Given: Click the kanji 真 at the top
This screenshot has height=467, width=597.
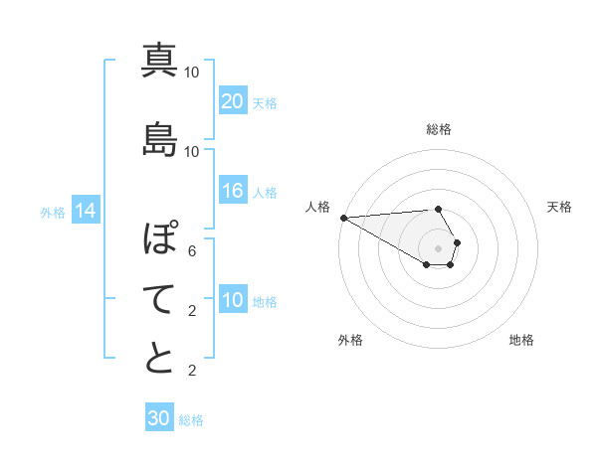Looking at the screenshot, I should pos(159,61).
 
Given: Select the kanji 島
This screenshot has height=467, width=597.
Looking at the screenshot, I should pos(159,140).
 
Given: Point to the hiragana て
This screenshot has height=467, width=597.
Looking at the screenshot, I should pos(160,299).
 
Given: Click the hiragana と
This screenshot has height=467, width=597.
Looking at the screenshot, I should pos(160,359).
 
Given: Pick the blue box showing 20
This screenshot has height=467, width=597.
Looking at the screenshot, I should pos(232,100).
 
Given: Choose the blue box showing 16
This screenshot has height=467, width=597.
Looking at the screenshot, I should pos(232,191).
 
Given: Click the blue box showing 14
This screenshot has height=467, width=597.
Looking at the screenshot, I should pos(86,211).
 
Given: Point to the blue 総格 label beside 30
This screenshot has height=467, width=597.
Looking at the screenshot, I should pos(191,420).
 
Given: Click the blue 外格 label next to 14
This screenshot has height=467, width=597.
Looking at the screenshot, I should pos(53,212).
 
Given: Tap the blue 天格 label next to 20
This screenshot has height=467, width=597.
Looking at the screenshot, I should pos(265,102).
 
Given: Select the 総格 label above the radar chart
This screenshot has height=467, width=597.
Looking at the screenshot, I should pos(439,129).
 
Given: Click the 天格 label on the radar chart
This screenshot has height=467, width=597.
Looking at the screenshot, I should pos(559,207).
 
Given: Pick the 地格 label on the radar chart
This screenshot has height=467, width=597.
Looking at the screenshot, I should pos(521,340).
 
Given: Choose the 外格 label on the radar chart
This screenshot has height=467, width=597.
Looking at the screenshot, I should pos(350,340).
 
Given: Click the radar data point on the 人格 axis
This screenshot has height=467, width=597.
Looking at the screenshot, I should pos(343,218).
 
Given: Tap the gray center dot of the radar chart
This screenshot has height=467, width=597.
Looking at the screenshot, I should pos(439,247).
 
